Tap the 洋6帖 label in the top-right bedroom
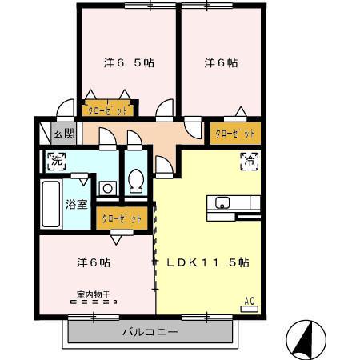221,62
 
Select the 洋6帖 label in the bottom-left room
94,262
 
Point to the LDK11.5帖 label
209,262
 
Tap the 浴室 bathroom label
76,203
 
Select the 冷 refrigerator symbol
250,160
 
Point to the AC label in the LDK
249,301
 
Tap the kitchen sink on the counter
222,202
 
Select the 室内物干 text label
94,293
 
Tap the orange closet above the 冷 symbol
235,131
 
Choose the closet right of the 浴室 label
121,217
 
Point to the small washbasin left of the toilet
106,189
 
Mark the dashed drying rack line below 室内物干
94,302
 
